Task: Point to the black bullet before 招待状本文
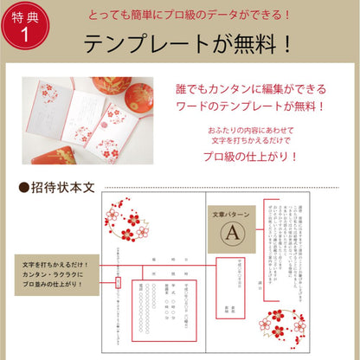click(x=23, y=187)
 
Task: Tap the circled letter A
click(x=231, y=233)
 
